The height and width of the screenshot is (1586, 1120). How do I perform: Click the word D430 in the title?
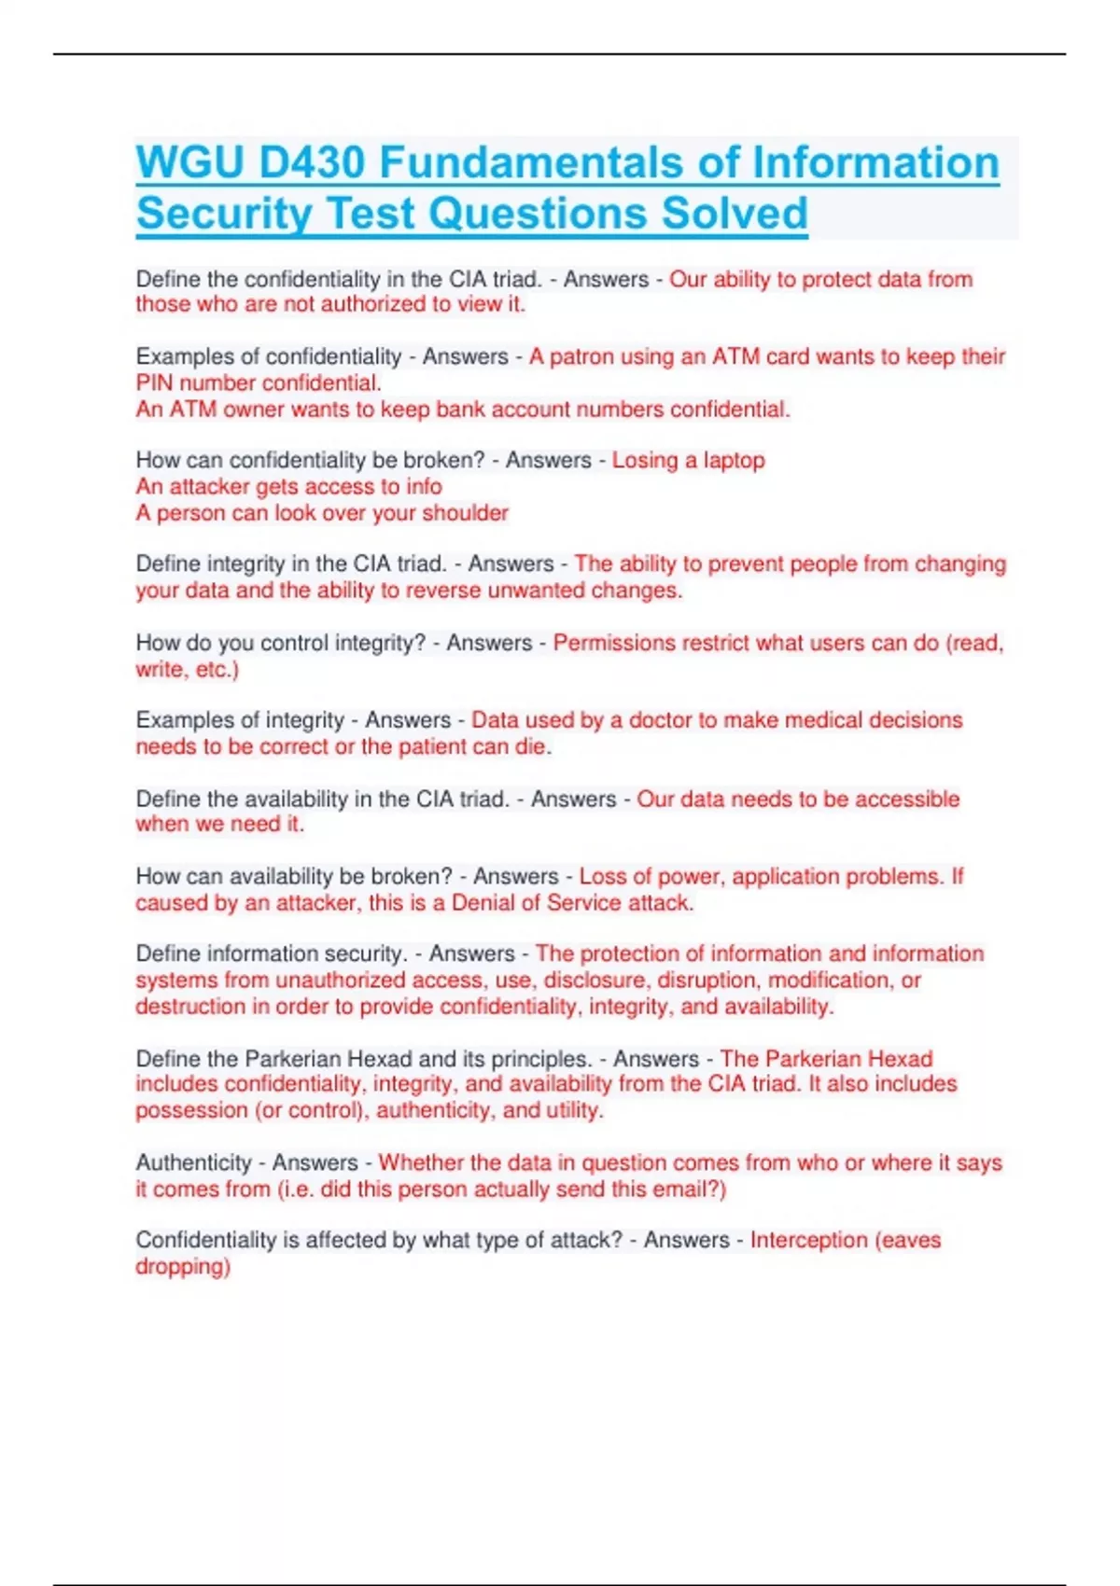(x=311, y=162)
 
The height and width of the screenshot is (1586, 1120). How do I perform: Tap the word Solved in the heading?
(x=735, y=213)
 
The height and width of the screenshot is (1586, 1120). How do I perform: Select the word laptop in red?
(x=734, y=460)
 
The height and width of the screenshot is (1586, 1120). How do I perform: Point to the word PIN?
(x=154, y=383)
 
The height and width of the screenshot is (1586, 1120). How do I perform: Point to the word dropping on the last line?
(x=182, y=1266)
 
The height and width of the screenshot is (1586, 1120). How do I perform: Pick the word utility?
(x=576, y=1110)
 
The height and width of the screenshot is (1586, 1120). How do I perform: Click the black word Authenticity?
(x=193, y=1162)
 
